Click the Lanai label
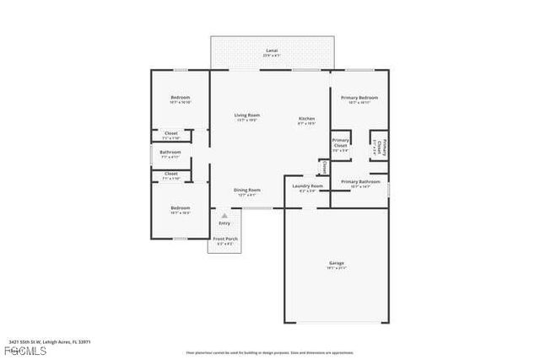[272, 51]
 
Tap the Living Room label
[246, 115]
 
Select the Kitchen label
[306, 119]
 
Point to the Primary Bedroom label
[359, 98]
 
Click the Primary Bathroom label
[359, 181]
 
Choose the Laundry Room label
[307, 185]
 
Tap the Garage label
[336, 264]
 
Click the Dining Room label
[246, 190]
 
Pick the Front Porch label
[224, 239]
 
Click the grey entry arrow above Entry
[224, 215]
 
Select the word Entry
[224, 223]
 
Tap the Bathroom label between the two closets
[170, 153]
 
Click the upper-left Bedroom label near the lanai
[180, 98]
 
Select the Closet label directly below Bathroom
[170, 174]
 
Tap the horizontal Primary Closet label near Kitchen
[341, 142]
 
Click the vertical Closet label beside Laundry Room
[323, 166]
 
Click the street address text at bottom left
[49, 341]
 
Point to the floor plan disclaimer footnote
[270, 352]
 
